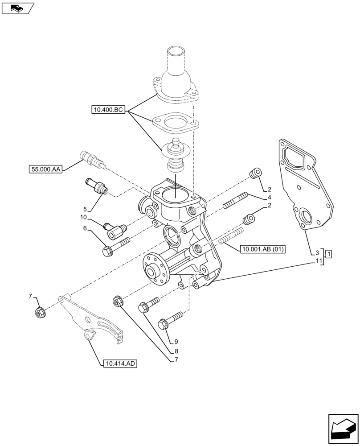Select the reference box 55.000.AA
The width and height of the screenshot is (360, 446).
(46, 169)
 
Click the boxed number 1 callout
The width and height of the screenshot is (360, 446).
(328, 254)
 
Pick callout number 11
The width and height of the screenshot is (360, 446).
(318, 261)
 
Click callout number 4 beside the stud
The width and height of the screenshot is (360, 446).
(270, 197)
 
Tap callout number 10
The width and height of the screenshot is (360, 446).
(83, 217)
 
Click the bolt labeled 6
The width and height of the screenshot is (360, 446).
(115, 247)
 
